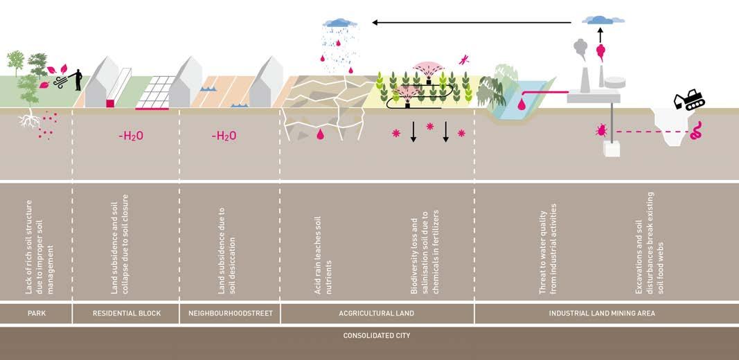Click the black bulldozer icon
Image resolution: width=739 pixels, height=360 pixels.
pos(689,100)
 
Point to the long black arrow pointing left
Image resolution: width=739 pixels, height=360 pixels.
pos(471,22)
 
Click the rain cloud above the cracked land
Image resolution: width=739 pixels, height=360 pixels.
pos(337,23)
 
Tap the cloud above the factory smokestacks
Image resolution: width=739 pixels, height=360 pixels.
pos(600,19)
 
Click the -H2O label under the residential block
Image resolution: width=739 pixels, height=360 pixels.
pos(130,136)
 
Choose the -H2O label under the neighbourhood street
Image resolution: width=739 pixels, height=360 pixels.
pos(224,136)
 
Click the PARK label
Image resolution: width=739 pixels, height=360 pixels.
pos(36,314)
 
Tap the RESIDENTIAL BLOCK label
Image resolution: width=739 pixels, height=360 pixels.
pos(127,314)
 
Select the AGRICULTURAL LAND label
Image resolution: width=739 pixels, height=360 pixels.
pos(377,314)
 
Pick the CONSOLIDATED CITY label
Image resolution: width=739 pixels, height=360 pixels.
pos(377,336)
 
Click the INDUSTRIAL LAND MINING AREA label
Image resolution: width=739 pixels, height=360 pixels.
pos(602,314)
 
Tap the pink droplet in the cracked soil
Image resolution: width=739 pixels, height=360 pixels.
pos(320,134)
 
